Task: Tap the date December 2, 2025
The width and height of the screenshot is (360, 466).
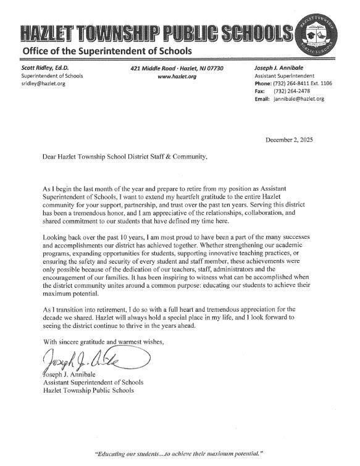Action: pyautogui.click(x=289, y=140)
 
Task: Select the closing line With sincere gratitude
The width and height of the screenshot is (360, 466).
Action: pyautogui.click(x=103, y=341)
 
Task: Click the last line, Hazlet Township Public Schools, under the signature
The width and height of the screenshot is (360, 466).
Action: pyautogui.click(x=87, y=391)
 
